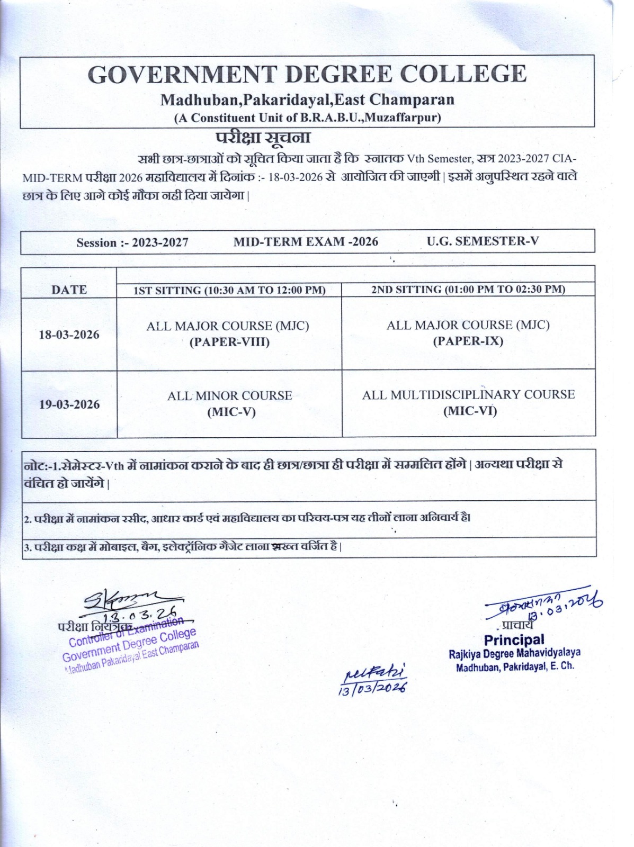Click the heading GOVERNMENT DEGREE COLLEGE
pyautogui.click(x=307, y=74)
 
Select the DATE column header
pyautogui.click(x=69, y=290)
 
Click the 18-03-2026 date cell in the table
pyautogui.click(x=69, y=335)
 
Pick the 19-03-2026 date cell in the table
pyautogui.click(x=69, y=404)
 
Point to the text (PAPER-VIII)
pyautogui.click(x=229, y=342)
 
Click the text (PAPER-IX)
pyautogui.click(x=468, y=341)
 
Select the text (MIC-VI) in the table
pyautogui.click(x=470, y=411)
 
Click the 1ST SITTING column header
pyautogui.click(x=229, y=290)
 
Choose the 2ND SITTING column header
pyautogui.click(x=468, y=289)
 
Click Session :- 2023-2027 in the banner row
pyautogui.click(x=132, y=242)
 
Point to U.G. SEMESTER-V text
pyautogui.click(x=483, y=241)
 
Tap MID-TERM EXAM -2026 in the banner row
pyautogui.click(x=306, y=242)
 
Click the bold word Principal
pyautogui.click(x=514, y=639)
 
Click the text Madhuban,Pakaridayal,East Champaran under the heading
pyautogui.click(x=307, y=100)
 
